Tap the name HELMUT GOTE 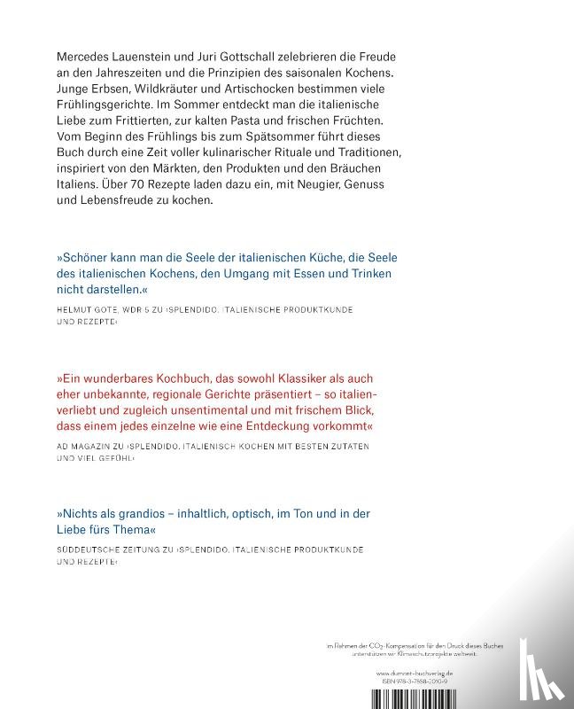pyautogui.click(x=88, y=310)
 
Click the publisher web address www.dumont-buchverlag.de pyautogui.click(x=428, y=674)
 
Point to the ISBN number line pyautogui.click(x=429, y=682)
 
